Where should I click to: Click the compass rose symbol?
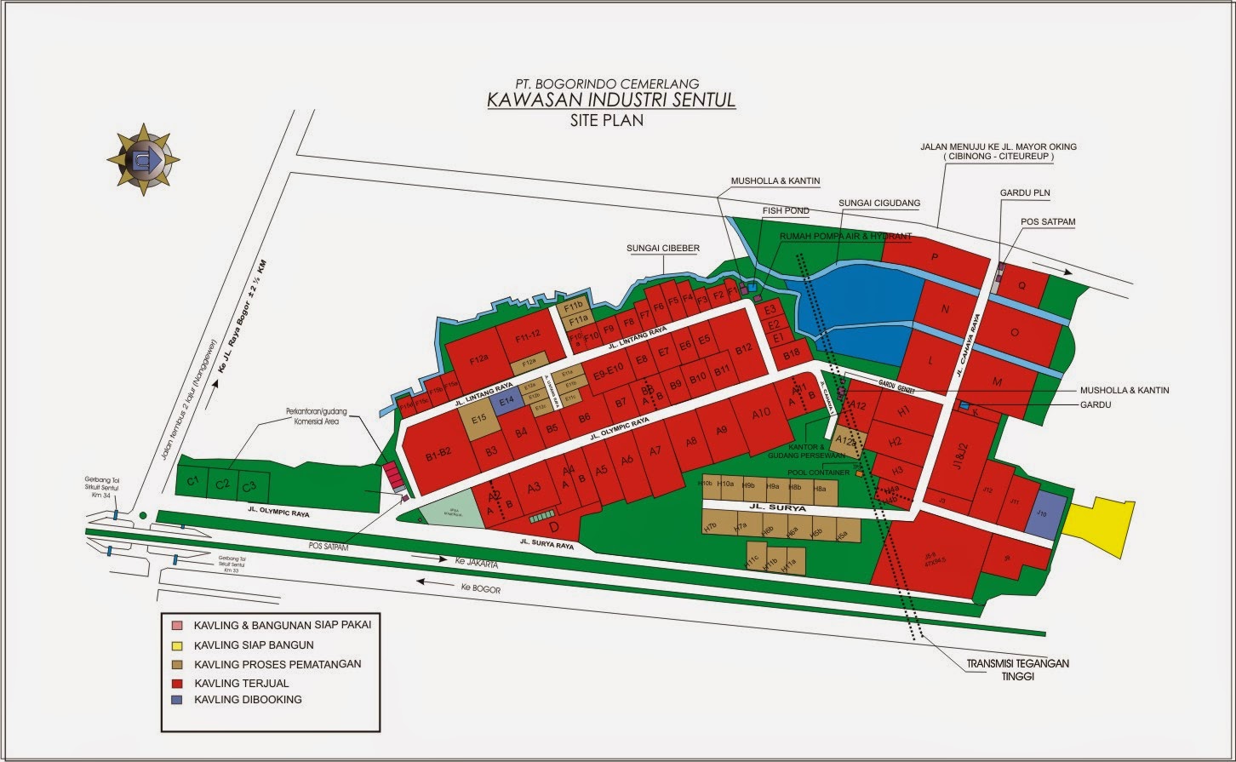pyautogui.click(x=143, y=159)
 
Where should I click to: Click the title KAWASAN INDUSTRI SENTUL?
pyautogui.click(x=611, y=100)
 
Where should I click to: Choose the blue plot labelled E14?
pyautogui.click(x=506, y=401)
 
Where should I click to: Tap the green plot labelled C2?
pyautogui.click(x=223, y=484)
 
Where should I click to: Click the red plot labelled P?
pyautogui.click(x=935, y=257)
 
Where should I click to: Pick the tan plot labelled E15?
pyautogui.click(x=478, y=419)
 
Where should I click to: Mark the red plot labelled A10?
pyautogui.click(x=761, y=415)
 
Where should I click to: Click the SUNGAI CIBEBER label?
pyautogui.click(x=663, y=248)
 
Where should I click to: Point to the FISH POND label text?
pyautogui.click(x=785, y=210)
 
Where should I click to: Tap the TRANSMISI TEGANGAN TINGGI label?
pyautogui.click(x=1017, y=670)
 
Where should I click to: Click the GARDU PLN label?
pyautogui.click(x=1025, y=193)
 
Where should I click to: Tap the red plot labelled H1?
pyautogui.click(x=904, y=412)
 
